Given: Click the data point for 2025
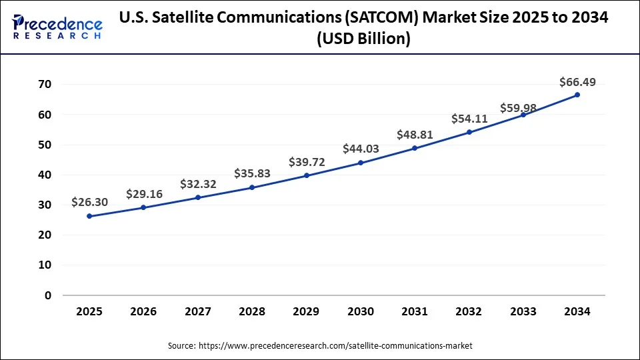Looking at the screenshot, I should pos(89,216).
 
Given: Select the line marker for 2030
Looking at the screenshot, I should pos(361,163).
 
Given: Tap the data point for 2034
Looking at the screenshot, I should pos(577,95).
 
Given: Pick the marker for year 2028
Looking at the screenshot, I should pos(252,187).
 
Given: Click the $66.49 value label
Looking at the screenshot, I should pos(577,82).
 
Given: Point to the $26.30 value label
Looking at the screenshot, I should pos(89,202).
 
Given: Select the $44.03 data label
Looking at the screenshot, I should pos(361,149).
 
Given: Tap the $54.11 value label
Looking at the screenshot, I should pos(469,119).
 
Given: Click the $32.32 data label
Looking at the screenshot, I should pos(198,183).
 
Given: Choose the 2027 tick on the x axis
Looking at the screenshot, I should pos(198,311).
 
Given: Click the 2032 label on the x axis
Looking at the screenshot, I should pos(469,311).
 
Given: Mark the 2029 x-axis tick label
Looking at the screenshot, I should pos(307,311).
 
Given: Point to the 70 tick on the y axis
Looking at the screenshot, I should pos(45,85).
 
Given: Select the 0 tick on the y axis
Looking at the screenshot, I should pos(48,295).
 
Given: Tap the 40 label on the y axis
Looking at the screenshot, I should pos(45,175).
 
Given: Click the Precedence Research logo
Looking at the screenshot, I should pos(57,27).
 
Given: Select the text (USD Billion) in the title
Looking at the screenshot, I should pos(364,39).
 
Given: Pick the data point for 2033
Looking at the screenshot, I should pos(523,115).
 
